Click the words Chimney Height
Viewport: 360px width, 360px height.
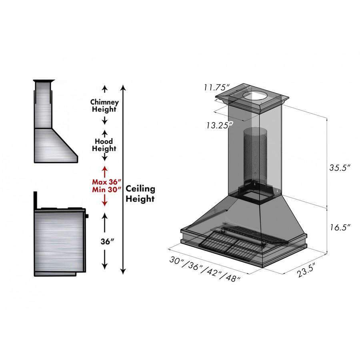click(x=104, y=106)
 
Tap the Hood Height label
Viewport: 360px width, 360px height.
click(x=104, y=145)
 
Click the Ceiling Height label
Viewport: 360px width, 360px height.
click(x=140, y=193)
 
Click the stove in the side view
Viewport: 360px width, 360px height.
click(x=60, y=240)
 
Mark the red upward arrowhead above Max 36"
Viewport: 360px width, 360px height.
click(x=104, y=170)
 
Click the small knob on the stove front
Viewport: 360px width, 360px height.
click(x=87, y=216)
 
